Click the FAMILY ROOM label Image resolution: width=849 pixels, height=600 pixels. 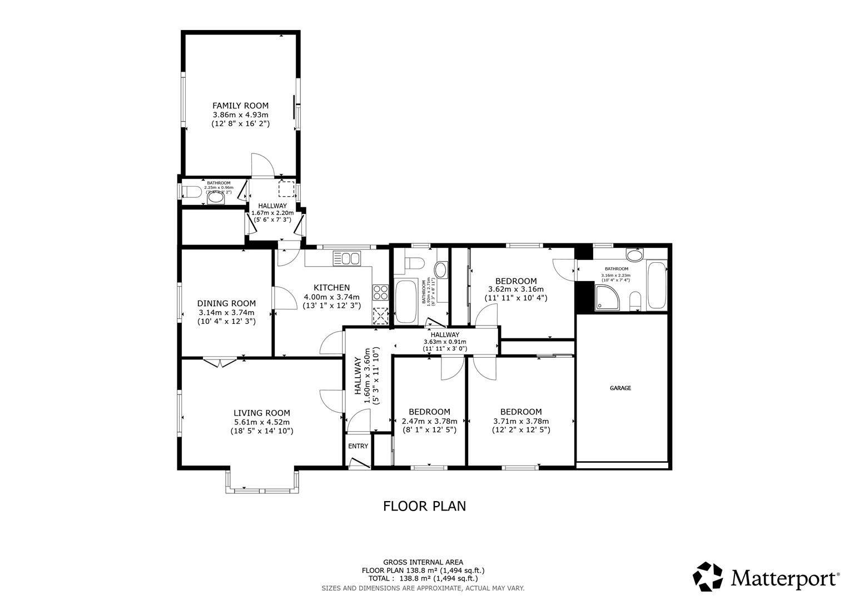click(240, 106)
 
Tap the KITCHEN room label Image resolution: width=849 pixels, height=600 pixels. click(332, 287)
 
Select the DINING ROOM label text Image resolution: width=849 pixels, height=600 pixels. click(226, 303)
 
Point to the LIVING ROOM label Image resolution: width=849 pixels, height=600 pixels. click(261, 413)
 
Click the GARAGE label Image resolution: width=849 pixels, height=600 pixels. click(620, 388)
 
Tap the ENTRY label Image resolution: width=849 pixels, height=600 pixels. click(358, 446)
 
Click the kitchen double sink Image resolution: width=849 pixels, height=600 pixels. click(346, 258)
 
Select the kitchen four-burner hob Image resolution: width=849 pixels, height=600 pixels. click(380, 292)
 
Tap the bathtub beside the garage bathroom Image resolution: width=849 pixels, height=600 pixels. click(657, 287)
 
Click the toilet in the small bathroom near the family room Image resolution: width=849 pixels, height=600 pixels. click(192, 193)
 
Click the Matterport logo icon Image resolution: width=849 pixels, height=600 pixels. click(708, 577)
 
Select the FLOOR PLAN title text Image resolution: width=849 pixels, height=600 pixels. click(424, 506)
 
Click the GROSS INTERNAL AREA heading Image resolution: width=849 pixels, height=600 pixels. click(423, 562)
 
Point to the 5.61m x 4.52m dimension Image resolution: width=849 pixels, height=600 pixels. click(261, 422)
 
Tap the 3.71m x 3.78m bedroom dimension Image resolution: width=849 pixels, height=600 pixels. click(520, 421)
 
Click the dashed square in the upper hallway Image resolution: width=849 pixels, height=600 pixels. click(287, 189)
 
